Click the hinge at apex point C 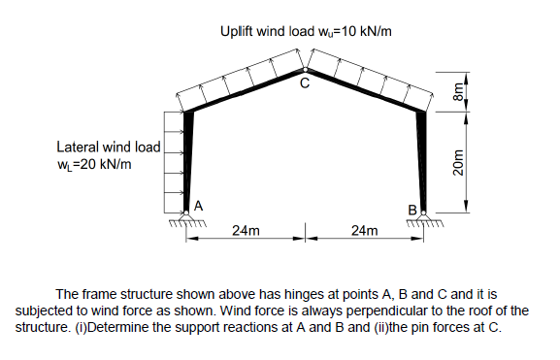click(x=306, y=70)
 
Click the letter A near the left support click(x=198, y=205)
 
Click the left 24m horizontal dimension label click(x=246, y=231)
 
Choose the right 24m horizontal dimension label click(x=366, y=231)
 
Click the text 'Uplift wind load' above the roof click(x=269, y=31)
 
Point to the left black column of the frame click(x=189, y=155)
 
